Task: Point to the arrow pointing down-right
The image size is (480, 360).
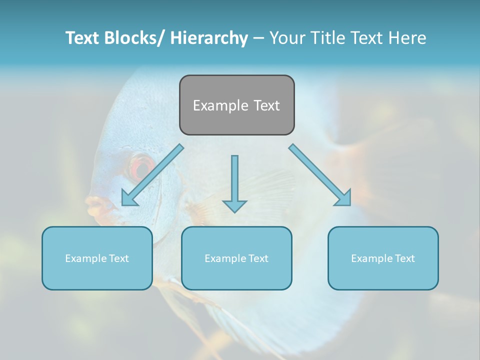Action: point(320,175)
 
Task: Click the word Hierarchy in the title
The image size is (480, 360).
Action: point(209,38)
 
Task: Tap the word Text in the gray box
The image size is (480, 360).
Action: point(266,105)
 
